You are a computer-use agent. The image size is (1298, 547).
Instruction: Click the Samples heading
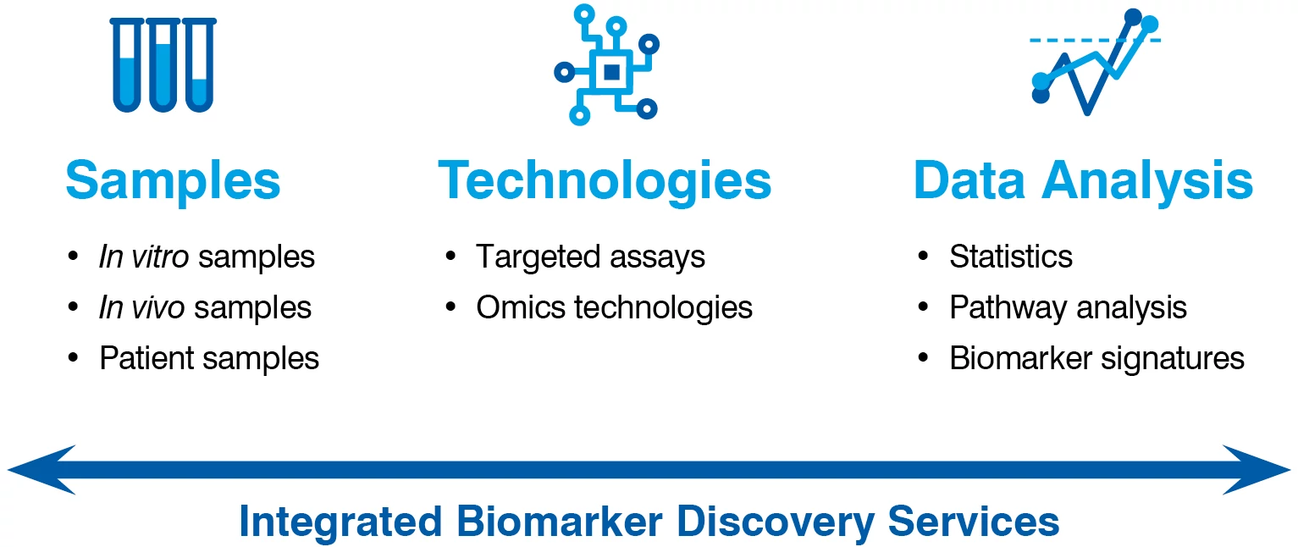point(173,180)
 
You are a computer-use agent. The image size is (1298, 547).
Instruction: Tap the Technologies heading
point(605,180)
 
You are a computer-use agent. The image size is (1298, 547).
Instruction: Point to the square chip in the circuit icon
point(610,73)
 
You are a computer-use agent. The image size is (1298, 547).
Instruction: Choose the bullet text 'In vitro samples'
point(207,257)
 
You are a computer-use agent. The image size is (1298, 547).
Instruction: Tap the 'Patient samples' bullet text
point(209,358)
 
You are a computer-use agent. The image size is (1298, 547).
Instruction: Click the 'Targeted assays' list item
point(590,257)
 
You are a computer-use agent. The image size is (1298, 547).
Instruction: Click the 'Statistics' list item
point(1011,257)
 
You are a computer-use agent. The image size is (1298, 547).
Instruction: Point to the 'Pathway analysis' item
point(1068,307)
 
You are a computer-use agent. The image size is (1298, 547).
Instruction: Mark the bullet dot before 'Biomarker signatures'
point(924,358)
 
